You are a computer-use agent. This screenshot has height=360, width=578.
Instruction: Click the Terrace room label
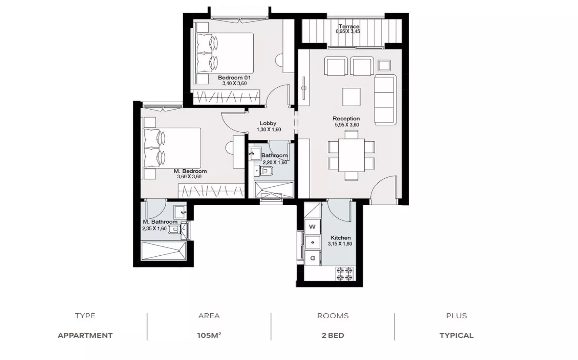[x=349, y=26]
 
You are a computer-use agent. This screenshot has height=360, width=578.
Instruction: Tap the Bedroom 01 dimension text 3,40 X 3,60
[x=234, y=83]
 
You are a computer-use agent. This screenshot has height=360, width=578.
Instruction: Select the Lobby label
[x=268, y=123]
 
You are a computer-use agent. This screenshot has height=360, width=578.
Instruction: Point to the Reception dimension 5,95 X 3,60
[x=347, y=125]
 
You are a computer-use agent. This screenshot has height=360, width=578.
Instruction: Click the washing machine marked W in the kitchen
[x=312, y=227]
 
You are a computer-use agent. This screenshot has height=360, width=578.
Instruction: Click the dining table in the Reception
[x=351, y=156]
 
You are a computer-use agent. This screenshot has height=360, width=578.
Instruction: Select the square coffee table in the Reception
[x=351, y=97]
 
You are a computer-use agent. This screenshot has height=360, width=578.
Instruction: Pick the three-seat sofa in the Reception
[x=385, y=100]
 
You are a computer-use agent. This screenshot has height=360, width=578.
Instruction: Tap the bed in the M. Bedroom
[x=172, y=148]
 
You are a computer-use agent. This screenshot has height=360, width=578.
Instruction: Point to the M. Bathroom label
[x=160, y=222]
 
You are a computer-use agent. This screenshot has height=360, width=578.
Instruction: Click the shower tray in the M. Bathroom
[x=163, y=251]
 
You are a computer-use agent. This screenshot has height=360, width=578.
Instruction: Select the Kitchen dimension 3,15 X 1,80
[x=340, y=244]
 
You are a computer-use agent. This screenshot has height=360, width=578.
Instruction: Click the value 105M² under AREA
[x=209, y=335]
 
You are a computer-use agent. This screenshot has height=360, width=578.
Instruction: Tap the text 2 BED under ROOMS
[x=333, y=336]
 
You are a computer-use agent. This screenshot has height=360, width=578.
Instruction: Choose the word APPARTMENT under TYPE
[x=85, y=336]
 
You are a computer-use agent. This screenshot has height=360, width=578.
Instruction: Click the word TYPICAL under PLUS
[x=456, y=336]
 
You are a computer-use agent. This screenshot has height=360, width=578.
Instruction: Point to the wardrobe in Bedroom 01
[x=226, y=97]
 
